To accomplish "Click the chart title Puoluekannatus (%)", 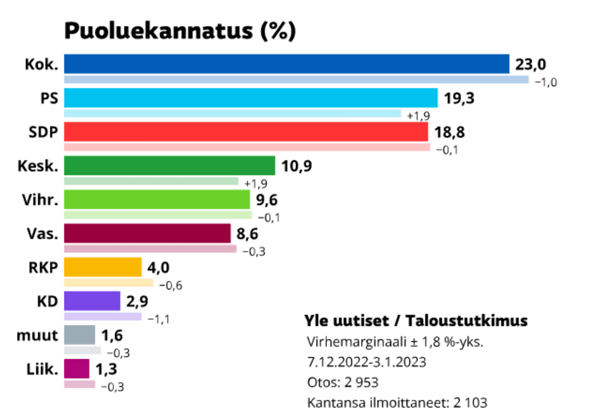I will tap(180, 31).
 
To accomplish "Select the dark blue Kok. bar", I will tap(287, 64).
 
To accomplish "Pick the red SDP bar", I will tap(246, 132).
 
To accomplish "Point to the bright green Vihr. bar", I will tap(157, 200).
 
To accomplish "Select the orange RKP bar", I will tap(103, 267).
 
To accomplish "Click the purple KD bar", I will tap(92, 301).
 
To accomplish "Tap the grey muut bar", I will tap(79, 335).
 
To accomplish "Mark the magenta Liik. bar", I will tap(76, 369).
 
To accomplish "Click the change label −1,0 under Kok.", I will tap(546, 82).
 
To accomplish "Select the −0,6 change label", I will tap(171, 285).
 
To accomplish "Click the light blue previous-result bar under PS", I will tap(233, 114).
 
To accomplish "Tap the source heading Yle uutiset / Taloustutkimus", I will tap(416, 320).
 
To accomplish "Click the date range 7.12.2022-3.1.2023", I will tap(367, 362).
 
